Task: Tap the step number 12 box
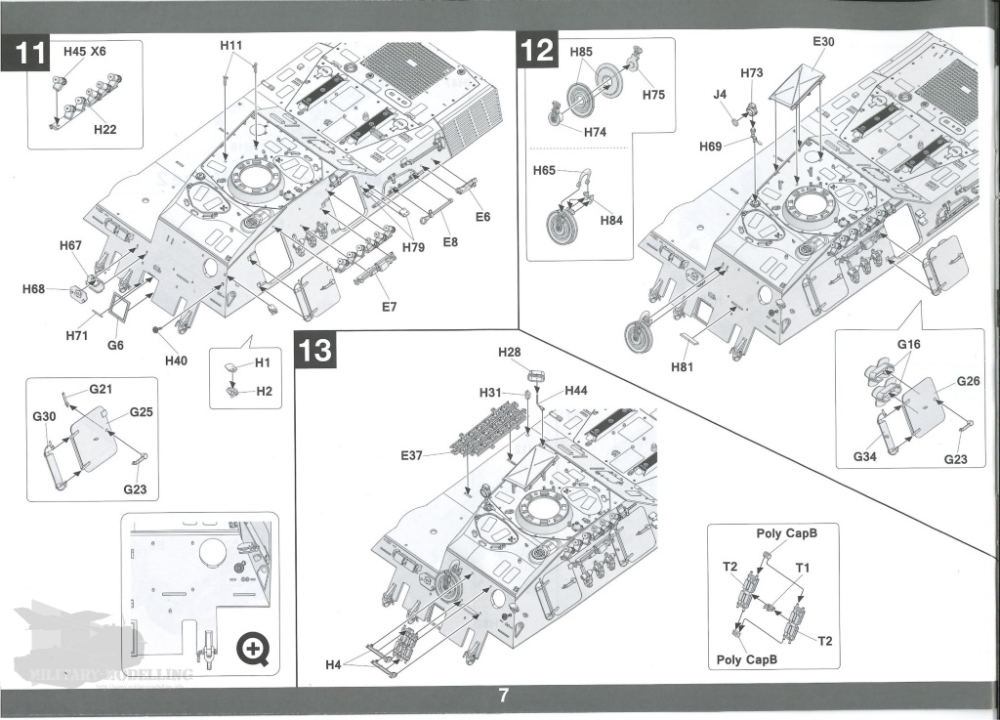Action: click(538, 50)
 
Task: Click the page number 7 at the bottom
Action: click(503, 696)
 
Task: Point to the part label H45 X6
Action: click(84, 51)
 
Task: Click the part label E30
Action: click(823, 42)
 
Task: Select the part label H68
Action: click(34, 289)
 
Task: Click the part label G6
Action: click(115, 344)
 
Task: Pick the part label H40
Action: click(176, 360)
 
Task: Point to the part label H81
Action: click(684, 367)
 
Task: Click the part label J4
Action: click(720, 95)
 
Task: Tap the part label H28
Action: click(510, 351)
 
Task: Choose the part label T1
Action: click(803, 567)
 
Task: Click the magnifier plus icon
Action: click(255, 648)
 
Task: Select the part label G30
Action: click(44, 417)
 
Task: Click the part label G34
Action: click(865, 456)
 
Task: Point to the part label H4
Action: click(333, 665)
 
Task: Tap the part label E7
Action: click(389, 307)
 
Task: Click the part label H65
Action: click(544, 171)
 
